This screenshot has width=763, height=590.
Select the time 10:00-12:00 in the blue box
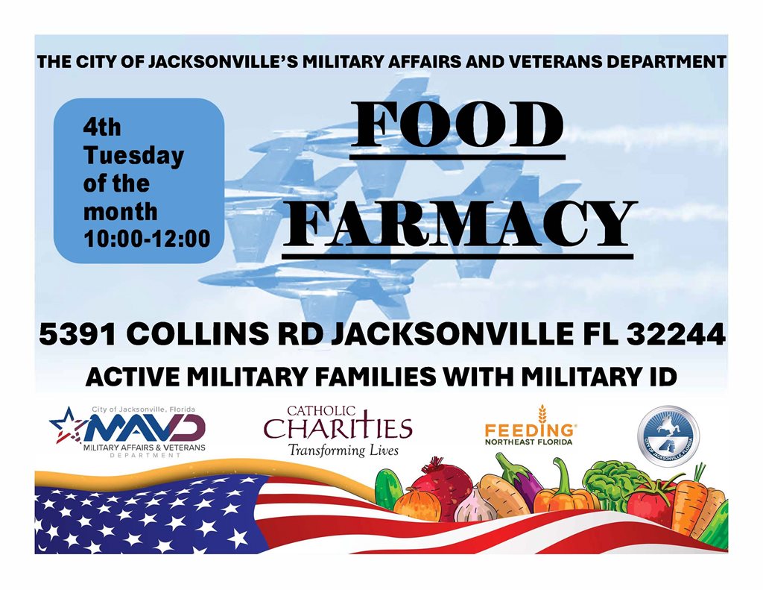click(146, 239)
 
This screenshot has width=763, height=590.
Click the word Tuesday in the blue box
click(133, 156)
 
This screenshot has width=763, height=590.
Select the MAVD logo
click(127, 432)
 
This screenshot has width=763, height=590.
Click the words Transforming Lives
click(343, 451)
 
